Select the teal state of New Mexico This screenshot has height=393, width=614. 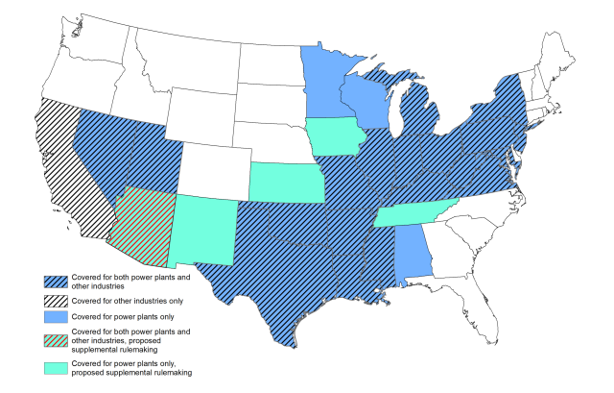click(203, 231)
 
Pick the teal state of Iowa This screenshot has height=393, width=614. click(335, 135)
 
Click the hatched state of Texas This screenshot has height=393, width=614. click(269, 279)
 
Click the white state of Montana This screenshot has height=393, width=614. click(182, 58)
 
